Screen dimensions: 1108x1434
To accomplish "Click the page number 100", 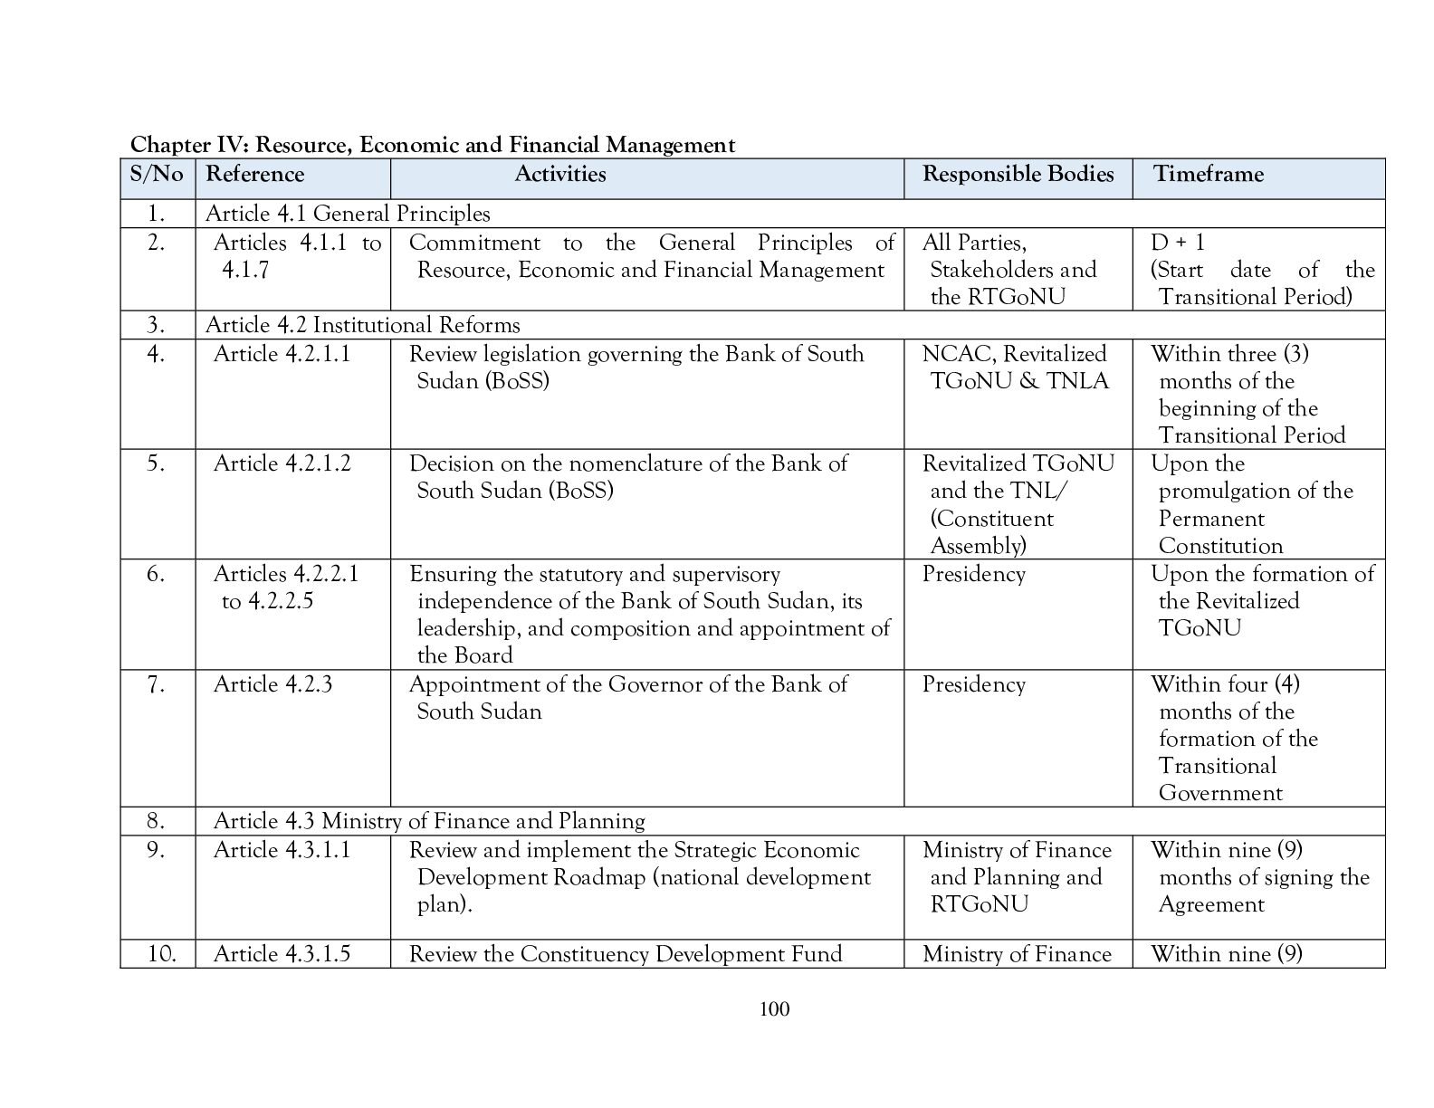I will [775, 1008].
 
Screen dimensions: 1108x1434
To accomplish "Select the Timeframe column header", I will [1208, 174].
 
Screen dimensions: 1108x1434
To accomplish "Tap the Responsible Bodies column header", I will [1018, 174].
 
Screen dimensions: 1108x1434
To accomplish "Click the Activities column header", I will [560, 174].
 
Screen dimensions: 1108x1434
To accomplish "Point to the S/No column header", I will [157, 174].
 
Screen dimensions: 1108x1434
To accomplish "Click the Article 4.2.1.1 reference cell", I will [282, 354].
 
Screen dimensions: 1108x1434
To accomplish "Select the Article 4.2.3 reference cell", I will [272, 684].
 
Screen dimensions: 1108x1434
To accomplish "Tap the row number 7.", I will [157, 684].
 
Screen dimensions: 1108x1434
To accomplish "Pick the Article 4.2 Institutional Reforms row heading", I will [362, 325].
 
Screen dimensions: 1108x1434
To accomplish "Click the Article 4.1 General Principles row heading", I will [348, 214].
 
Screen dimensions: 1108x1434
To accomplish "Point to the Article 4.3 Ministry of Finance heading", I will [429, 821].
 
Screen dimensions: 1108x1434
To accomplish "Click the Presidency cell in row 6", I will [973, 574].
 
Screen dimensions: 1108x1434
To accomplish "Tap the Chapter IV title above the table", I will [432, 145].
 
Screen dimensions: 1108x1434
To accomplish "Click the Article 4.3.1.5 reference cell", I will [282, 954].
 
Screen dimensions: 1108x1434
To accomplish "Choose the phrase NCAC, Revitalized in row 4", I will [1014, 354].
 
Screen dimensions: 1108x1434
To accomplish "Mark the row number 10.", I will [160, 954].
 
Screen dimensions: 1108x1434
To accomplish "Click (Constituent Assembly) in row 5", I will [991, 532].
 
